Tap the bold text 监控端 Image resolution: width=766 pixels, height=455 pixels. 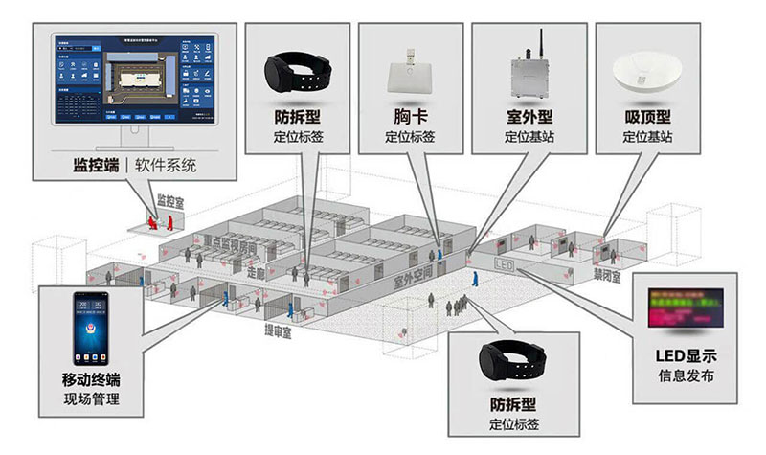click(96, 165)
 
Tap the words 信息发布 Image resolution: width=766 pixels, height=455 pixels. click(686, 375)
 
